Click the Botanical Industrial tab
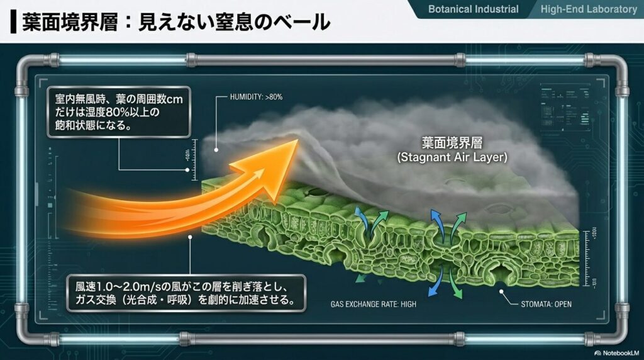coord(473,9)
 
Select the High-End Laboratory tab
coord(589,9)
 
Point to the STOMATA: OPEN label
coord(547,305)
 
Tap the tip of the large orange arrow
coord(296,142)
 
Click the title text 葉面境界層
coord(57,22)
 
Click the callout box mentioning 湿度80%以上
coord(118,111)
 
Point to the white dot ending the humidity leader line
coord(216,149)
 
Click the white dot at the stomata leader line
coord(502,291)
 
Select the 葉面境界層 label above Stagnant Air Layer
coord(452,142)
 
